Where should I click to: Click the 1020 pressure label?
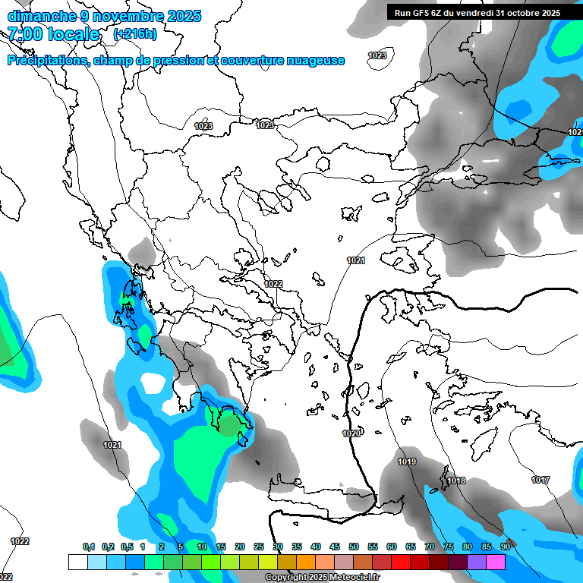(351, 433)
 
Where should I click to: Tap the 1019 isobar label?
(407, 462)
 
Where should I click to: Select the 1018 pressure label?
(455, 481)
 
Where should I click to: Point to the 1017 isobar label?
(540, 480)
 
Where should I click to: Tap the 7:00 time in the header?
(24, 34)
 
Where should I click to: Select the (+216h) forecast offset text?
(134, 34)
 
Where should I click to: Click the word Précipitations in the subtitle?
(47, 61)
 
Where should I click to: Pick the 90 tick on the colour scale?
(505, 547)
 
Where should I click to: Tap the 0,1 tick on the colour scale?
(88, 547)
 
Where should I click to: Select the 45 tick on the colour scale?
(335, 547)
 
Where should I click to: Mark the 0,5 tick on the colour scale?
(126, 547)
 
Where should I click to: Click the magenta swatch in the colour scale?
(496, 562)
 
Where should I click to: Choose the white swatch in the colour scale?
(77, 562)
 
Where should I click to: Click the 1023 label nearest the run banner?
(377, 55)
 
